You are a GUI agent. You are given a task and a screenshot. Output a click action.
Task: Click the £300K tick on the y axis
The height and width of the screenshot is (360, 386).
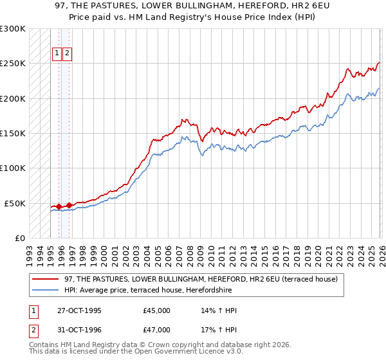tap(13, 30)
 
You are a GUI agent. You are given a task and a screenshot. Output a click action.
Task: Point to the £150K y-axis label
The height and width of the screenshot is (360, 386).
tap(13, 134)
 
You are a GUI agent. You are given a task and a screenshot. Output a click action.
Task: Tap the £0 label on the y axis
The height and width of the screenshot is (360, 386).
tap(19, 238)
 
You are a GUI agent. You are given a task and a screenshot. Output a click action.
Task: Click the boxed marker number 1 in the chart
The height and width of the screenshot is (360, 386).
tap(57, 54)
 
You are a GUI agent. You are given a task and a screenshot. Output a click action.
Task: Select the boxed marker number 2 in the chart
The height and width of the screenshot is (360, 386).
tap(67, 54)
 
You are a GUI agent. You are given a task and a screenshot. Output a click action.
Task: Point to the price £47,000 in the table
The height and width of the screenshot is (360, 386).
tap(157, 330)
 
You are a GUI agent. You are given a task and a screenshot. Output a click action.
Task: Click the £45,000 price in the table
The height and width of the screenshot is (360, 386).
tap(157, 310)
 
